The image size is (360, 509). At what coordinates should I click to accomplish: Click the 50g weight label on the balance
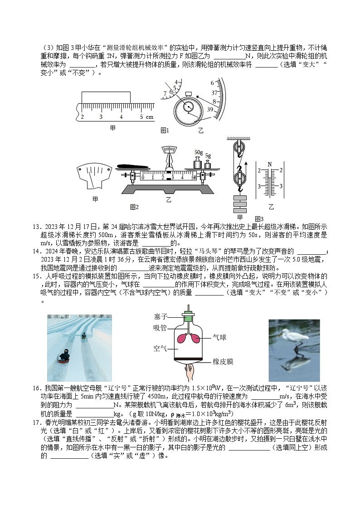pyautogui.click(x=199, y=152)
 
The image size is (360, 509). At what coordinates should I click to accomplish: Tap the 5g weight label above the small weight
pyautogui.click(x=208, y=155)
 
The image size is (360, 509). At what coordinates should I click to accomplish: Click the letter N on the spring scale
pyautogui.click(x=269, y=164)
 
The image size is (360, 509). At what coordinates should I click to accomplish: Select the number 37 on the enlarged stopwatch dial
pyautogui.click(x=214, y=92)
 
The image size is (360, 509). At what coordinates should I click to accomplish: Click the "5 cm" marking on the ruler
pyautogui.click(x=146, y=117)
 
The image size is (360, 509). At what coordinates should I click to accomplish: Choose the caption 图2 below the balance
pyautogui.click(x=134, y=207)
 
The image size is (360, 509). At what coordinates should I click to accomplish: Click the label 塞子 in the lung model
pyautogui.click(x=161, y=316)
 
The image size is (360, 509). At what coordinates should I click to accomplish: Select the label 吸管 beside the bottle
pyautogui.click(x=161, y=327)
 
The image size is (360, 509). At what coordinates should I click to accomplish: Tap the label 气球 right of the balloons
pyautogui.click(x=219, y=338)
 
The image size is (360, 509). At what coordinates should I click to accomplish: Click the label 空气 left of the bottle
pyautogui.click(x=161, y=348)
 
